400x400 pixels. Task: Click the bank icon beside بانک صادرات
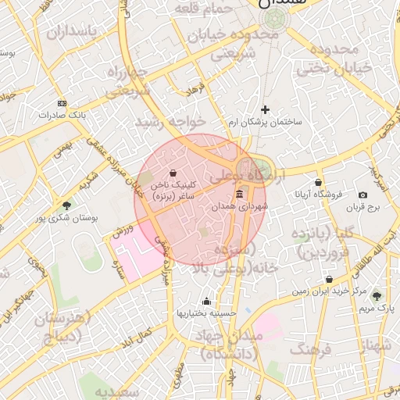[x=62, y=102]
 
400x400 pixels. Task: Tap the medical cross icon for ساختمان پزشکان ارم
[x=265, y=109]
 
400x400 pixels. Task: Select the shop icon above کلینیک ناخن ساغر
[x=172, y=173]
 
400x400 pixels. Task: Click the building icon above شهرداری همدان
[x=239, y=193]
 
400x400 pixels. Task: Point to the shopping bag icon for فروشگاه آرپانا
[x=319, y=182]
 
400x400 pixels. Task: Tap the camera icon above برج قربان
[x=362, y=195]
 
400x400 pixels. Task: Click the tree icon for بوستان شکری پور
[x=66, y=206]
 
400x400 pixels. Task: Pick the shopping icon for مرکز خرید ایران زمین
[x=329, y=279]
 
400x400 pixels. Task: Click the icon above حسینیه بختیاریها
[x=206, y=301]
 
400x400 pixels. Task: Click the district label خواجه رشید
[x=170, y=122]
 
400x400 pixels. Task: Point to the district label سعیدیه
[x=117, y=390]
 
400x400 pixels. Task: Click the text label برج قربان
[x=363, y=208]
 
